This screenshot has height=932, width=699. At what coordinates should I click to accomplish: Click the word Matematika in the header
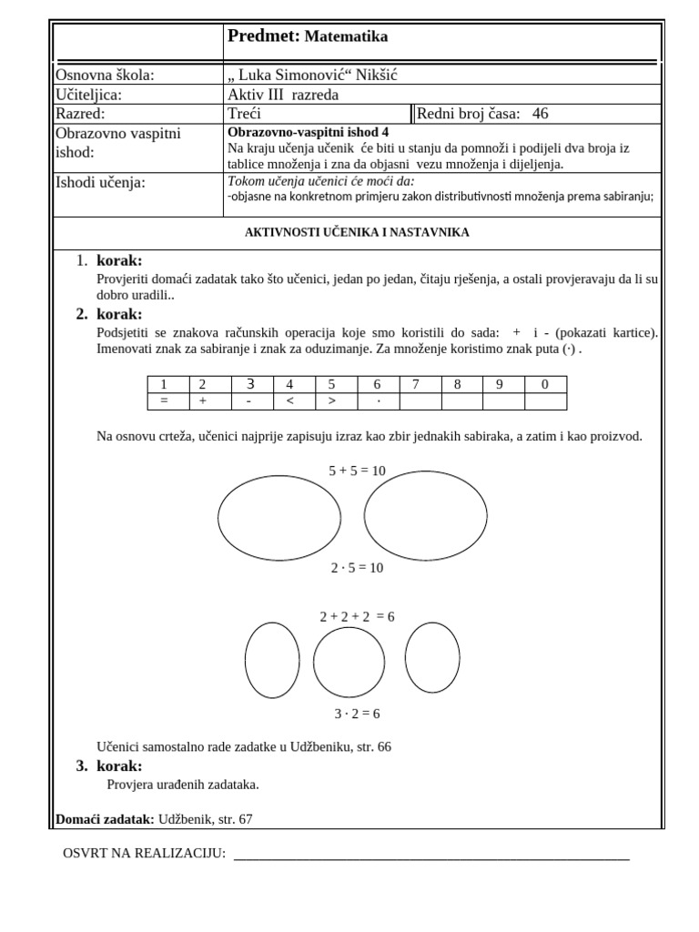(x=346, y=37)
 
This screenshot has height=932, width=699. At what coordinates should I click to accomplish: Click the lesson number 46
(x=540, y=114)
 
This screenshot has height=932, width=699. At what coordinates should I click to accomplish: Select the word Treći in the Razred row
(x=245, y=114)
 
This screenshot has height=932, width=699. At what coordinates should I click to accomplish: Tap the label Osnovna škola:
(x=106, y=76)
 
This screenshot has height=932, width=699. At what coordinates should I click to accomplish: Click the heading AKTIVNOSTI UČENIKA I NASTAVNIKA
(x=357, y=232)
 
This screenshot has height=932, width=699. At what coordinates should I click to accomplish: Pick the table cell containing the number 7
(x=415, y=384)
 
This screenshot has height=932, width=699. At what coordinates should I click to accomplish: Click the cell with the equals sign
(x=164, y=401)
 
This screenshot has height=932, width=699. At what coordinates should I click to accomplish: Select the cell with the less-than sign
(x=289, y=401)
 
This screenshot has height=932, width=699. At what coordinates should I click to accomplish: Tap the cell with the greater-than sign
(x=331, y=401)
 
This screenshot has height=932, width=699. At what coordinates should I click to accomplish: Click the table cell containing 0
(x=544, y=384)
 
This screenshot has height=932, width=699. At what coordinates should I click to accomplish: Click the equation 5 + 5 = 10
(x=357, y=471)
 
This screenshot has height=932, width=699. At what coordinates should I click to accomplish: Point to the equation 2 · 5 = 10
(x=357, y=568)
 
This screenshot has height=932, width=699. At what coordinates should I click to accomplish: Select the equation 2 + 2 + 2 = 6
(x=357, y=617)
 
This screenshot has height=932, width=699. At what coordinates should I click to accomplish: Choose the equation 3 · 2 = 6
(x=357, y=714)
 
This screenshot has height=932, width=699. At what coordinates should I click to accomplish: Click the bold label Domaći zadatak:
(x=105, y=819)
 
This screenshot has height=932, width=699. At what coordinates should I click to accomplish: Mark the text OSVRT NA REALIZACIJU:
(x=144, y=854)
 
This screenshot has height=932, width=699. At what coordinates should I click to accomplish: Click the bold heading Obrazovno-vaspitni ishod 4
(x=308, y=131)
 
